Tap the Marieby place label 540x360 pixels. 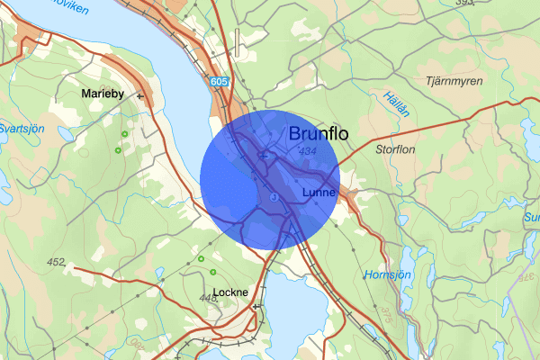tap(105, 94)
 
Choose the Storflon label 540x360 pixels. tap(396, 149)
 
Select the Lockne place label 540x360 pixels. tap(230, 317)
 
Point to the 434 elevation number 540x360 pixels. tap(306, 152)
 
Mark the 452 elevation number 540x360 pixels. tap(56, 263)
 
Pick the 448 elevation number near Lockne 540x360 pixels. tap(209, 297)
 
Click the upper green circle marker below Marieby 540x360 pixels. tap(123, 134)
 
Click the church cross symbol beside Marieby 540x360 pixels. tap(139, 94)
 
